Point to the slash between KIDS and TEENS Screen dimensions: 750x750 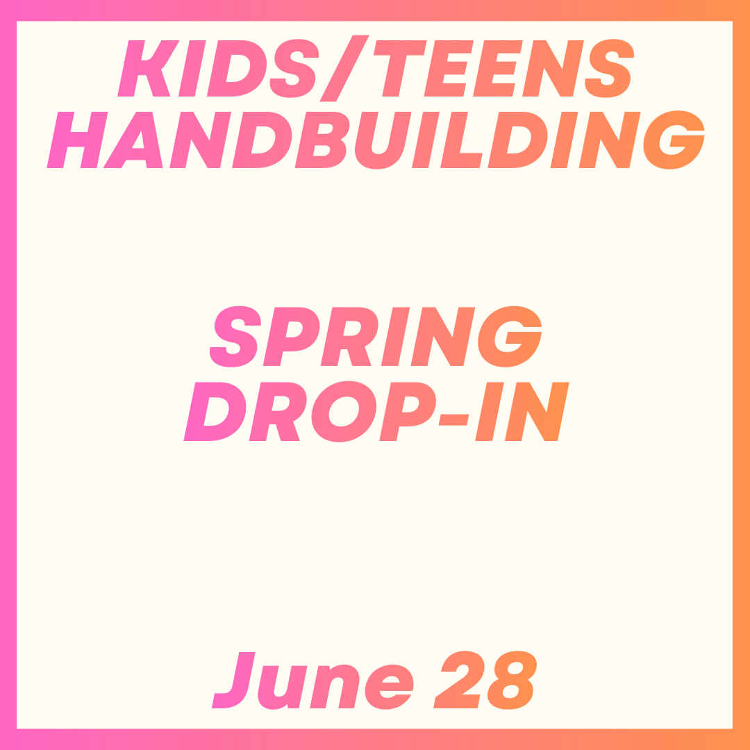pos(344,68)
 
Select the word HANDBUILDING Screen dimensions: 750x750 pos(375,140)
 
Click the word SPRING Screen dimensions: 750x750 pos(375,336)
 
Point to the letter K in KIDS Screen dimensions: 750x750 pos(144,68)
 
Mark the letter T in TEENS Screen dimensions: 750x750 pos(397,68)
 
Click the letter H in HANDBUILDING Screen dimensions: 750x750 pos(77,140)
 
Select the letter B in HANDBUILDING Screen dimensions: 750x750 pos(322,140)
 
